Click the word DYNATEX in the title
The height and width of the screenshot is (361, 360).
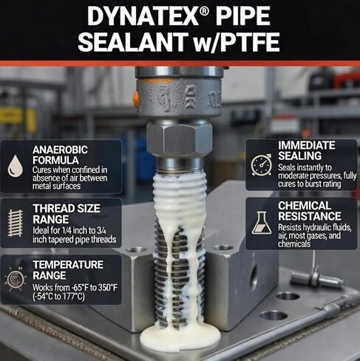coord(143,16)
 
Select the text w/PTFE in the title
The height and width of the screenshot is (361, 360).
coord(236,42)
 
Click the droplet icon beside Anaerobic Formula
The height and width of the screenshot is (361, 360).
coord(15,166)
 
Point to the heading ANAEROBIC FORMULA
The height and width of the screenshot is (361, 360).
coord(60,155)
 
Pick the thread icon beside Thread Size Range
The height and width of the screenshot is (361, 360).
coord(16,223)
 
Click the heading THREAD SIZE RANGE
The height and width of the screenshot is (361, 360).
coord(67,214)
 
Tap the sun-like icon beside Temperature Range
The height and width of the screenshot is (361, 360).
coord(16,279)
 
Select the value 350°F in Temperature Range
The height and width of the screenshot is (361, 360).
coord(108,288)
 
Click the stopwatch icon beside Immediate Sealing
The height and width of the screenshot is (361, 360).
coord(262,165)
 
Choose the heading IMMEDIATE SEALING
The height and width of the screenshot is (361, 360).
coord(307,150)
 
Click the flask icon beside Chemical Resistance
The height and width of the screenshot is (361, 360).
coord(262,223)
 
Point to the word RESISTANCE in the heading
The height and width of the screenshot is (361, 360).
coord(310,216)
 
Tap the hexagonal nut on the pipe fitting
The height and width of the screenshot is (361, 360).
coord(180,140)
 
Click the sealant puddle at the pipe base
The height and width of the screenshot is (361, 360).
coord(180,337)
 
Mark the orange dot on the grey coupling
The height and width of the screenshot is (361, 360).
coord(136,98)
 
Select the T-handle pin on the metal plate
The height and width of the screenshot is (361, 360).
coord(317,278)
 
